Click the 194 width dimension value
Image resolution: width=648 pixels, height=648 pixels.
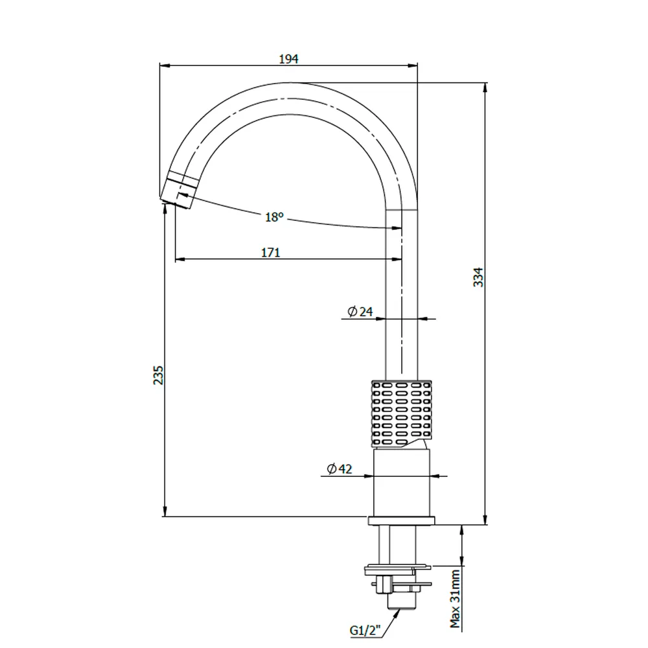click(x=288, y=59)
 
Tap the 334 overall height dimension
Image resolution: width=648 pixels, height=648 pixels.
click(x=478, y=277)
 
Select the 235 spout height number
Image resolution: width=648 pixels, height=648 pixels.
click(x=158, y=375)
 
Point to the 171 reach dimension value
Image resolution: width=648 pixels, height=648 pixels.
click(x=271, y=253)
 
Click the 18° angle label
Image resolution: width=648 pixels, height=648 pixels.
click(x=274, y=216)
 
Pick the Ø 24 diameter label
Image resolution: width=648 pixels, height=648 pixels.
click(x=360, y=311)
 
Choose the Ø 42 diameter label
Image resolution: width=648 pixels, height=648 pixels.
click(x=340, y=469)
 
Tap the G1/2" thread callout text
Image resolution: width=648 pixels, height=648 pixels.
click(x=365, y=631)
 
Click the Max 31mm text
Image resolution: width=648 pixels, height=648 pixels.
click(x=455, y=599)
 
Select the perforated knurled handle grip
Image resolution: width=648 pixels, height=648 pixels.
click(x=401, y=413)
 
